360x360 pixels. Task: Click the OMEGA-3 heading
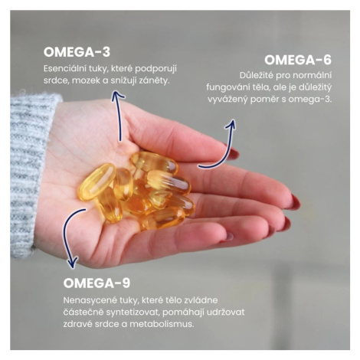[77, 52]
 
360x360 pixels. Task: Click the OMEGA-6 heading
[298, 60]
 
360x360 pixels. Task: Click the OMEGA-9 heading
[97, 283]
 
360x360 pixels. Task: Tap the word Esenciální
[64, 69]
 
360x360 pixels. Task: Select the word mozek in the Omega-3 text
[86, 80]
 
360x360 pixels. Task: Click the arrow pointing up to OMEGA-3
[118, 116]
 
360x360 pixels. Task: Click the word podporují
[156, 69]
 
